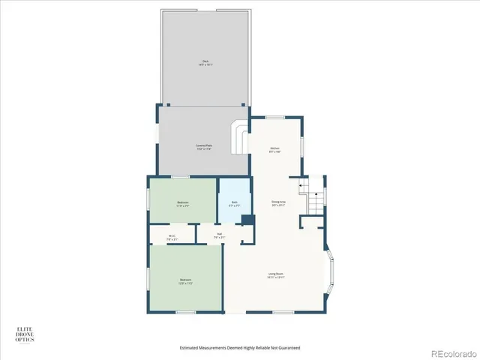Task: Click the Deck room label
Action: point(205,63)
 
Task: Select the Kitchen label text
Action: point(275,149)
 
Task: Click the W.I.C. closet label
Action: point(172,238)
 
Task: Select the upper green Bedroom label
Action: point(183,204)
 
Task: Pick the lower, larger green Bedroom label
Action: point(185,281)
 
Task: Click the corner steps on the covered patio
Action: point(240,139)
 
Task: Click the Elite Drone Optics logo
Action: point(26,335)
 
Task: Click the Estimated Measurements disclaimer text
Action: point(240,347)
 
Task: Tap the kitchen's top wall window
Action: point(274,117)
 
